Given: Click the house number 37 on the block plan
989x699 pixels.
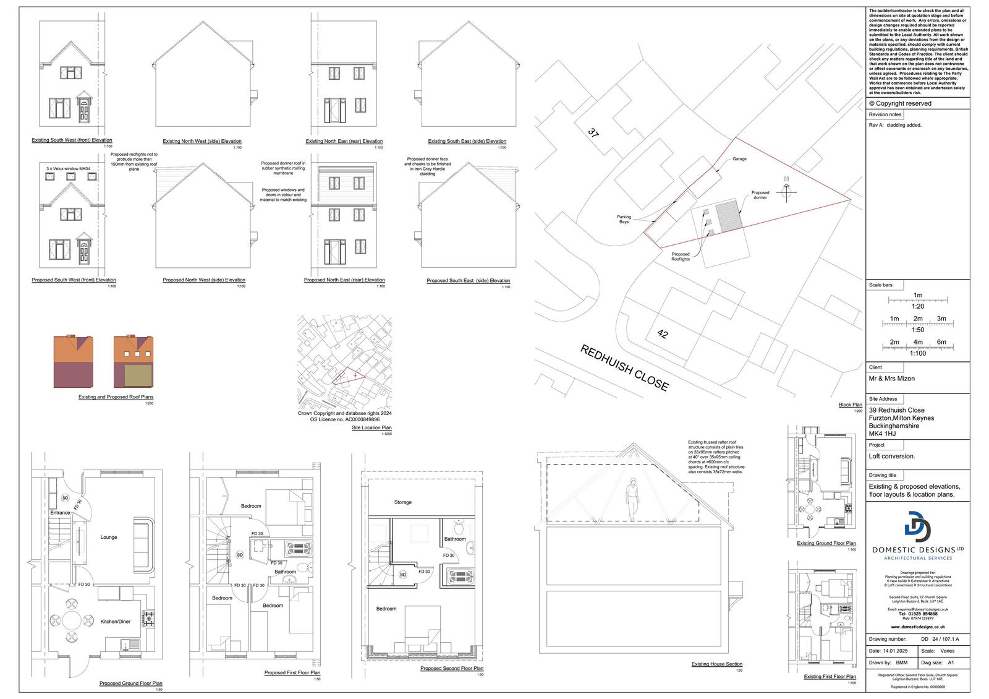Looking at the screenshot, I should (593, 132).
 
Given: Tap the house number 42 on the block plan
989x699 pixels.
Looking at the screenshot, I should (663, 335).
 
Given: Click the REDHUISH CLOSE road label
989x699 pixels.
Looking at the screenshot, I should (624, 368).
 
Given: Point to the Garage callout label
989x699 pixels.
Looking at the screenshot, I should (739, 159).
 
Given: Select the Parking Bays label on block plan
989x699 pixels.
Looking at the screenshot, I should (624, 219).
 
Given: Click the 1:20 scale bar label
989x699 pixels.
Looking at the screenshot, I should (917, 306).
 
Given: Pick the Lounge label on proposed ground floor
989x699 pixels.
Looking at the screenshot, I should (109, 537).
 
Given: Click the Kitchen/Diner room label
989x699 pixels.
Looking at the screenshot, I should (116, 621).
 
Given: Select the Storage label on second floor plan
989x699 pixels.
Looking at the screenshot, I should (402, 502).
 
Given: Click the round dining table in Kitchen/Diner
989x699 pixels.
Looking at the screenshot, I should (72, 620).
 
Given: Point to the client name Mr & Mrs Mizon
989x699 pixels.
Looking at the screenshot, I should (891, 379).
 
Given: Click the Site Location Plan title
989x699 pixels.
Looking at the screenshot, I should (371, 427).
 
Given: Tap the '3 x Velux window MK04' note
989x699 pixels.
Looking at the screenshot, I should (68, 168).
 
